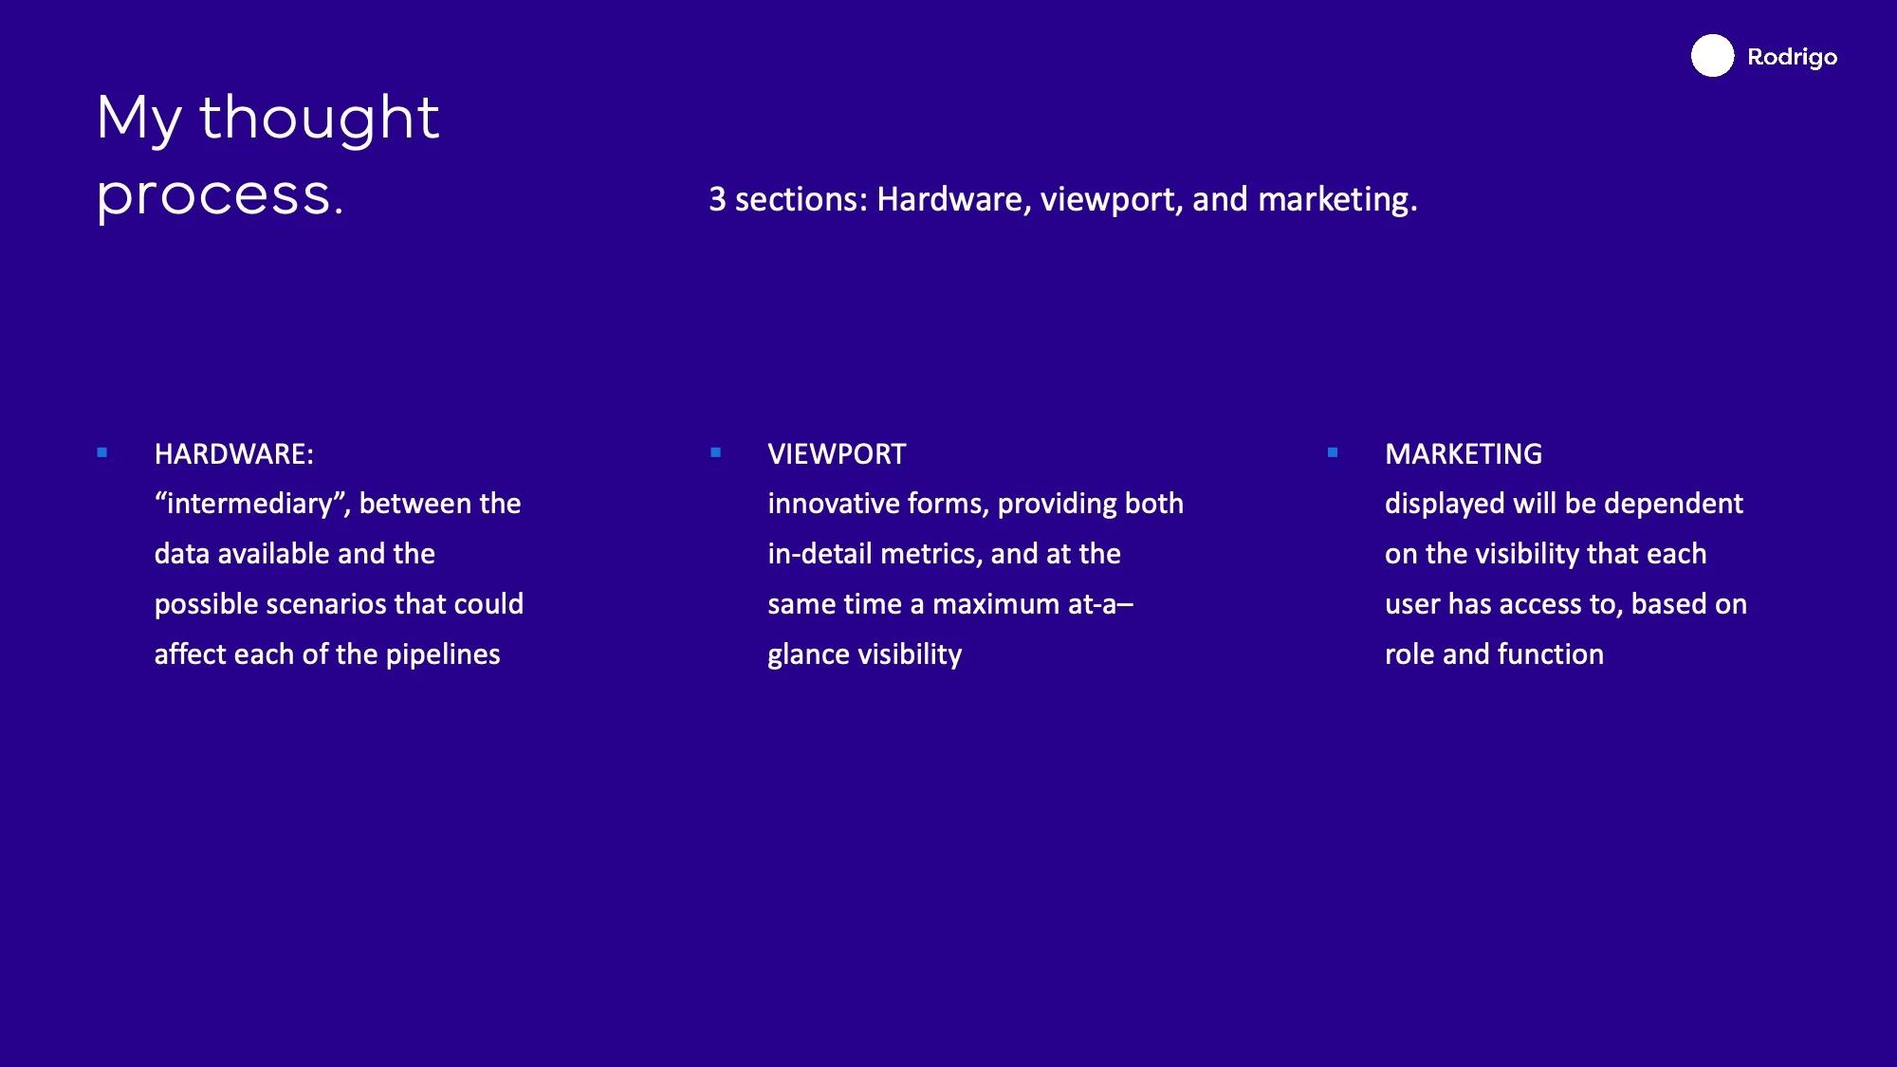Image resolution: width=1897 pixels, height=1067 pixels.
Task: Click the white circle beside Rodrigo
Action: click(x=1712, y=56)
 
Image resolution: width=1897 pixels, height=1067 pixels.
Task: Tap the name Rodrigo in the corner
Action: click(x=1792, y=58)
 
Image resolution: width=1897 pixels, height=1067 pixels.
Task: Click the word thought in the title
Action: click(x=319, y=119)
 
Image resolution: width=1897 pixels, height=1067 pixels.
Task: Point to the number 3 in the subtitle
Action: click(x=717, y=199)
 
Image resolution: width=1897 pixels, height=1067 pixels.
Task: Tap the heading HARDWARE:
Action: click(x=233, y=454)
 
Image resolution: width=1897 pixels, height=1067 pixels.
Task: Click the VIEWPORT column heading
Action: click(x=837, y=454)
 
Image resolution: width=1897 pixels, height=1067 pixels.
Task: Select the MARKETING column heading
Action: click(x=1464, y=454)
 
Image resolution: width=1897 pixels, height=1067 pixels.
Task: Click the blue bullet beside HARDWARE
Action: click(x=102, y=453)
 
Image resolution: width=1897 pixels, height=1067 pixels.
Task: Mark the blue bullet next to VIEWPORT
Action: click(x=716, y=453)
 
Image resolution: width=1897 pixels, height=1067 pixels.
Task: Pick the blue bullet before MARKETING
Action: click(x=1333, y=453)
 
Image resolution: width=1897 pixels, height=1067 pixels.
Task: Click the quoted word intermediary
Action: click(x=252, y=504)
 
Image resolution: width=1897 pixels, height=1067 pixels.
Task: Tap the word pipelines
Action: click(x=443, y=654)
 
